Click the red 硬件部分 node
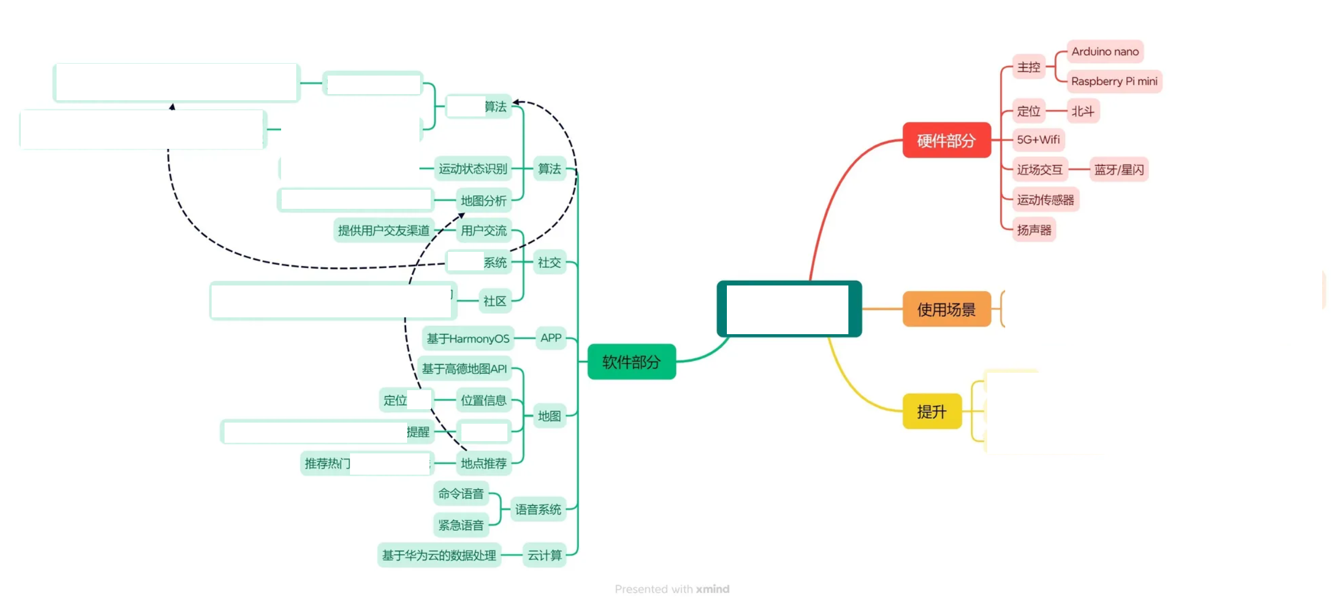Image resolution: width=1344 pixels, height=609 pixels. point(946,140)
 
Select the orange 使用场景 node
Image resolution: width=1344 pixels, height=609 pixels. point(946,309)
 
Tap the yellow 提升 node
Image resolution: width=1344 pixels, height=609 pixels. point(932,411)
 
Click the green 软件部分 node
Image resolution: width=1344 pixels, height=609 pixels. point(631,362)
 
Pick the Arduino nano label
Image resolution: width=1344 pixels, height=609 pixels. point(1105,51)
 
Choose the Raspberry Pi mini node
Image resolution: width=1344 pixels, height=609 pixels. point(1114,81)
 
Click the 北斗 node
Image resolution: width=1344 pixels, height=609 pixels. point(1082,111)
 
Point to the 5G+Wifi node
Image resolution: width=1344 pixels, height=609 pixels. point(1038,139)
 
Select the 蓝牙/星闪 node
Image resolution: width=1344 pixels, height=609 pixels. point(1119,170)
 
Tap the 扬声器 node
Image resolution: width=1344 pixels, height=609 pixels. point(1034,229)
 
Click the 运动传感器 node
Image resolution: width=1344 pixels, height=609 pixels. point(1045,200)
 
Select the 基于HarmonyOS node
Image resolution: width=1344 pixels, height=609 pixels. point(468,338)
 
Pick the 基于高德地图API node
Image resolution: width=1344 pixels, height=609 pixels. point(464,368)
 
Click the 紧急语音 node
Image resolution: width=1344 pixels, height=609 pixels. point(460,525)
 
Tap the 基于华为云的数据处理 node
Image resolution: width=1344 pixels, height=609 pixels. point(439,555)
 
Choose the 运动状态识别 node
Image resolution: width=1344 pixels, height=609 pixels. point(473,168)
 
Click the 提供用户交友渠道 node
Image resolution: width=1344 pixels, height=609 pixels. point(384,230)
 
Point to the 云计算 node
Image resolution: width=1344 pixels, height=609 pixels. point(544,555)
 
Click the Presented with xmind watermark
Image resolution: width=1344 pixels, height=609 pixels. point(672,589)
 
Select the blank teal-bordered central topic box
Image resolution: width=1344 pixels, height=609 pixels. point(788,309)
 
